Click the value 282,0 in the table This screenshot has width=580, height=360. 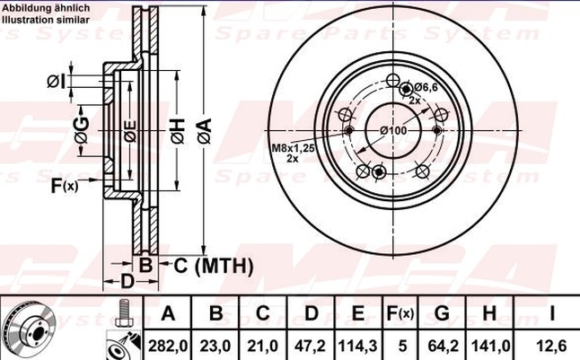168,347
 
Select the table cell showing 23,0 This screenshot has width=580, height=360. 215,347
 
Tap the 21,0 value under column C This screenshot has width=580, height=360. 263,347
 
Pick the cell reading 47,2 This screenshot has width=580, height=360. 311,347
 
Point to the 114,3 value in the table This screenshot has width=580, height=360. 357,347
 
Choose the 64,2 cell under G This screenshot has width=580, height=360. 443,347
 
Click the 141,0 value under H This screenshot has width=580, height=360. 490,347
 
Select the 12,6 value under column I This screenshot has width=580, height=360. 551,347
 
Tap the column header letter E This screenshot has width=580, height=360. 357,313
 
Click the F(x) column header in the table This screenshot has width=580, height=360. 400,313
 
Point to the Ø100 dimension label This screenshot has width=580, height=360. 393,130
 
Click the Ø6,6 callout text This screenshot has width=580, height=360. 426,87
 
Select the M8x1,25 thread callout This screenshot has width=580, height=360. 294,148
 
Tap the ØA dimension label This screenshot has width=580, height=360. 204,130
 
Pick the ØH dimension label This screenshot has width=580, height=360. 178,131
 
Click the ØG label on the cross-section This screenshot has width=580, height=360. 82,130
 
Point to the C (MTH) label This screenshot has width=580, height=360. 214,265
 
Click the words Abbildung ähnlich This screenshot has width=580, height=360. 46,8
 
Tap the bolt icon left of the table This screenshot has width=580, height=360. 125,312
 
